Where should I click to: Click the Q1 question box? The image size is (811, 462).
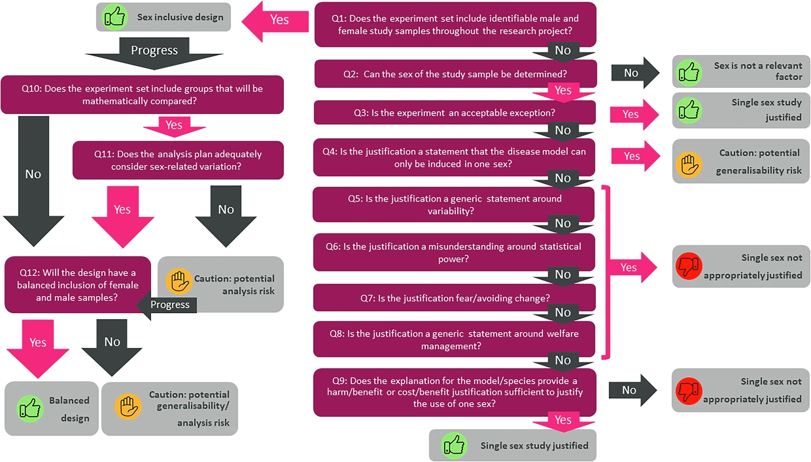(x=455, y=25)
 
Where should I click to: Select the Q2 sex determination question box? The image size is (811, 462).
(x=455, y=74)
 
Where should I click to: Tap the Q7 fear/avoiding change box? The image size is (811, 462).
(x=455, y=298)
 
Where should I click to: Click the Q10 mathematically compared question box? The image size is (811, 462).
(x=142, y=95)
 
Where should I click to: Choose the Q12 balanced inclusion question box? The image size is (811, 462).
(x=78, y=285)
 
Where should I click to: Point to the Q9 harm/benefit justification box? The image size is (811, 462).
(x=455, y=392)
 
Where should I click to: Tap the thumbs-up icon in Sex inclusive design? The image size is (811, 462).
(x=115, y=17)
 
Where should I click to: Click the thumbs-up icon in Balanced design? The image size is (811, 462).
(x=30, y=409)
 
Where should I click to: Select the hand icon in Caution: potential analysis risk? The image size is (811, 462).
(x=179, y=281)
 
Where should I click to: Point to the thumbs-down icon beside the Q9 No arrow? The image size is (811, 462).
(x=689, y=391)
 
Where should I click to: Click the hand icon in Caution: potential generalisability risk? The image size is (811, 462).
(x=689, y=164)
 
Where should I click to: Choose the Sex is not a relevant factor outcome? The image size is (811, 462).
(x=741, y=72)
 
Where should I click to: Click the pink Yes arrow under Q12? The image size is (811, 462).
(x=38, y=347)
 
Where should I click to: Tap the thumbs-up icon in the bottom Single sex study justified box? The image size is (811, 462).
(x=454, y=445)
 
